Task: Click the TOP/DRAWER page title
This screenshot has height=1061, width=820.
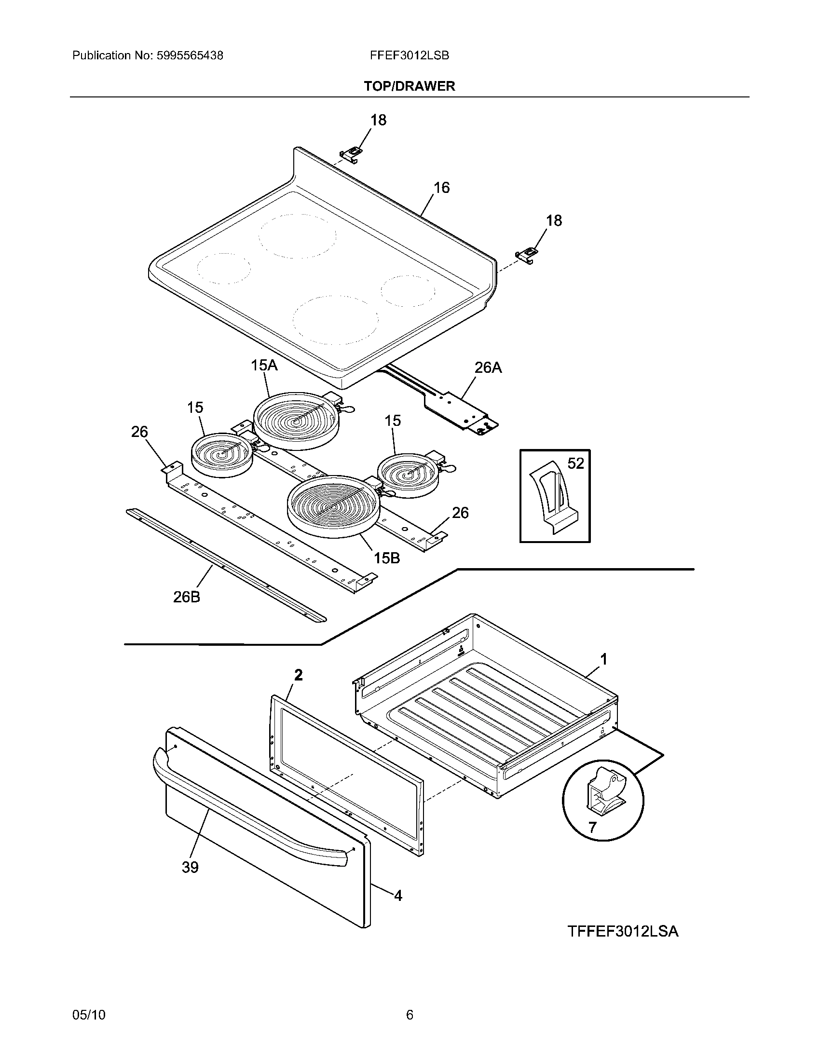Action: point(410,86)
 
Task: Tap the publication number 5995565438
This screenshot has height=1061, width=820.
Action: point(190,55)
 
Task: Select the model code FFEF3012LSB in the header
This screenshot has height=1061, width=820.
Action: point(409,55)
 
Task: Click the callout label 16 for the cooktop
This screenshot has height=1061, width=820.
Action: point(441,188)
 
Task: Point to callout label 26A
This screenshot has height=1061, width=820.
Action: point(488,368)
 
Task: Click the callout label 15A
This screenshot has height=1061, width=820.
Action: point(264,365)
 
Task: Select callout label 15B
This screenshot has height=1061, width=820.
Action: point(387,558)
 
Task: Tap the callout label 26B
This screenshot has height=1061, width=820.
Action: point(187,597)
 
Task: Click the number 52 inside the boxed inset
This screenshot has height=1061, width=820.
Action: point(575,463)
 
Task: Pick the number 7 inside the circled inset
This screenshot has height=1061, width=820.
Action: point(592,827)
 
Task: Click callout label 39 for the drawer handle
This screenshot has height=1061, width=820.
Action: point(190,867)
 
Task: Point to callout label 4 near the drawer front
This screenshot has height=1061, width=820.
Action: point(398,896)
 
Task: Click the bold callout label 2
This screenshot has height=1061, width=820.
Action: point(298,675)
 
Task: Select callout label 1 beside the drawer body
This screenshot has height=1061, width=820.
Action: point(603,659)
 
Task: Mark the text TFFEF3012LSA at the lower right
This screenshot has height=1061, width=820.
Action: point(623,931)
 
